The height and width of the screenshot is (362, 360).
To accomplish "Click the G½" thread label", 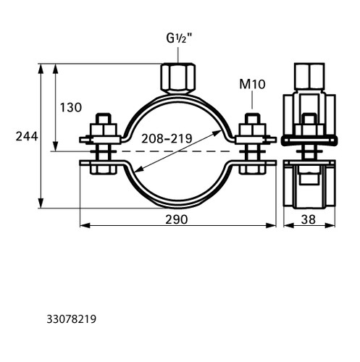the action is click(x=180, y=38).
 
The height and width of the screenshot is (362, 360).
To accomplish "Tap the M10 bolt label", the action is click(x=252, y=84).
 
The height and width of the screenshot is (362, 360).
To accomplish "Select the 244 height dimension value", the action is click(x=27, y=136).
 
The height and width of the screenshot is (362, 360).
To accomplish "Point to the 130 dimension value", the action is click(x=71, y=107).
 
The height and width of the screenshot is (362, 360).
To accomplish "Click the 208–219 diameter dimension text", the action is click(x=167, y=138).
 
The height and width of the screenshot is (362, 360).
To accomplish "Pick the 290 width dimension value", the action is click(x=177, y=219).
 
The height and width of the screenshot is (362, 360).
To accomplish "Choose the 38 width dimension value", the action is click(x=309, y=219).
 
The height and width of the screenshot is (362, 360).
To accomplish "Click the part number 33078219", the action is click(x=72, y=319).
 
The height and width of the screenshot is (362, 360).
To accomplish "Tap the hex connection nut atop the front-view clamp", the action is click(x=178, y=78).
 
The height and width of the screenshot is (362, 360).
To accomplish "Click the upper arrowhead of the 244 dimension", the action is click(x=41, y=68).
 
